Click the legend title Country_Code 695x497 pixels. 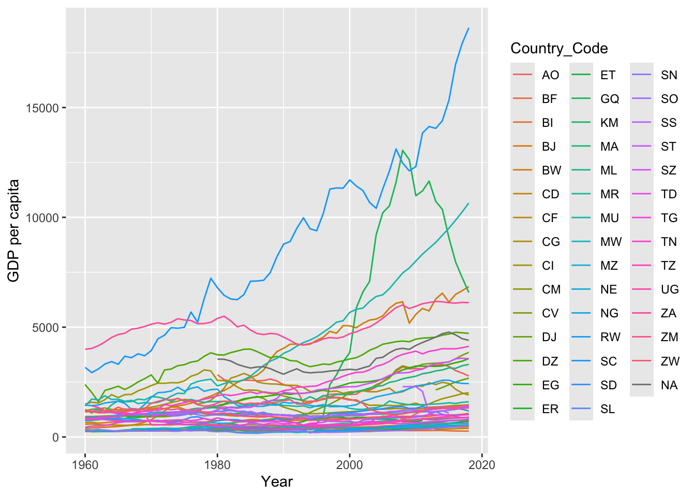[559, 49]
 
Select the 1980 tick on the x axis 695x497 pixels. [217, 464]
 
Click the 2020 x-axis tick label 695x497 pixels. [482, 464]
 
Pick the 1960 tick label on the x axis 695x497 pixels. [85, 464]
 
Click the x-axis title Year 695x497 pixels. [277, 482]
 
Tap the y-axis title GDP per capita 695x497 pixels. [14, 230]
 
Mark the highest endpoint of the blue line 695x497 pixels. [469, 28]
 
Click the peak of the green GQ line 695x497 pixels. [402, 151]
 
